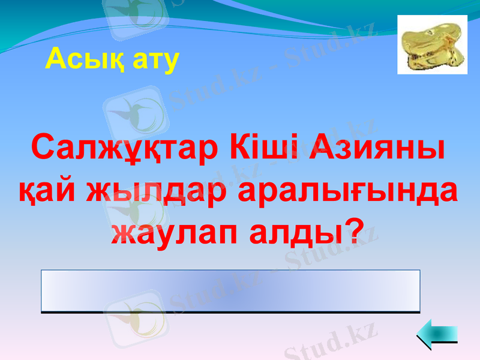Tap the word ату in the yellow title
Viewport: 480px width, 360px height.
pyautogui.click(x=152, y=59)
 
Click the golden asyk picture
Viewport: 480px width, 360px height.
pyautogui.click(x=432, y=44)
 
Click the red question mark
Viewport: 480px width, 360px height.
pyautogui.click(x=359, y=230)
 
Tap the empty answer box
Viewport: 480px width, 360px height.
pyautogui.click(x=230, y=291)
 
